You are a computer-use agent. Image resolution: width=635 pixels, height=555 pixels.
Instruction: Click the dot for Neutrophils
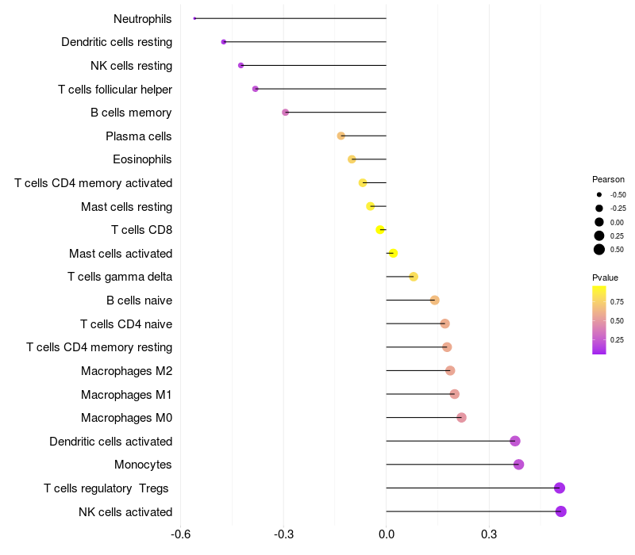tap(194, 18)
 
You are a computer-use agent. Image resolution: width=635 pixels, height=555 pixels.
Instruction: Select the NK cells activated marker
tap(561, 511)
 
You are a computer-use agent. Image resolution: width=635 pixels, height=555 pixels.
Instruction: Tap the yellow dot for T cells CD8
tap(380, 230)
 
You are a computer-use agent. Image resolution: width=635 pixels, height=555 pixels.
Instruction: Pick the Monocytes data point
tap(519, 465)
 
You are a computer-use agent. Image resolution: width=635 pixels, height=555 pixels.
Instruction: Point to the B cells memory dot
tap(286, 112)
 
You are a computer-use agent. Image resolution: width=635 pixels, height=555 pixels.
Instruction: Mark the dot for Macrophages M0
tap(461, 418)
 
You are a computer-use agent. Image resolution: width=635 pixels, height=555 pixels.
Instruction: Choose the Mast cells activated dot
tap(393, 253)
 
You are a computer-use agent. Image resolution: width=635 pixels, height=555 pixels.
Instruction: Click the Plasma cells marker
tap(341, 136)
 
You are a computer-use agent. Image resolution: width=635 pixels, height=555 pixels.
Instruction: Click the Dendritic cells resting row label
tap(117, 42)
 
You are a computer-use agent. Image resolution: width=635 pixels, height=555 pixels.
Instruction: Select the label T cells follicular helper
tap(115, 89)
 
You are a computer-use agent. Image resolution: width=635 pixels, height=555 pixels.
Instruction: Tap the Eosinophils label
tap(142, 159)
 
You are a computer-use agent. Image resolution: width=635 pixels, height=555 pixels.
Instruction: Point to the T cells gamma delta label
tap(120, 277)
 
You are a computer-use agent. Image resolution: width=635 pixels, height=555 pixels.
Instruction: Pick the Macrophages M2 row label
tap(127, 371)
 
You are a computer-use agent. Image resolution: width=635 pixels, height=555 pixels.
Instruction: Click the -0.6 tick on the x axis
tap(181, 534)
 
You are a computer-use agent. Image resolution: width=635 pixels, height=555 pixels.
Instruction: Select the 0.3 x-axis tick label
tap(489, 534)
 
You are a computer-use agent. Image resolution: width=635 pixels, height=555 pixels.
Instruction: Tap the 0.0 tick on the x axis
tap(387, 534)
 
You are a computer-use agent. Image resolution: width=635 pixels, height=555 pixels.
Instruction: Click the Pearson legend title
tap(608, 179)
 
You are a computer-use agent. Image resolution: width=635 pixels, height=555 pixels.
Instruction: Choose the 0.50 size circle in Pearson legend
tap(599, 250)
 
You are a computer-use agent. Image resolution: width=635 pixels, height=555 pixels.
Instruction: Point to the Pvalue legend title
tap(605, 277)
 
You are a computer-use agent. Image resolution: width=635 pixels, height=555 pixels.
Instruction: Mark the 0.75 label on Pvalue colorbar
tap(617, 302)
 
